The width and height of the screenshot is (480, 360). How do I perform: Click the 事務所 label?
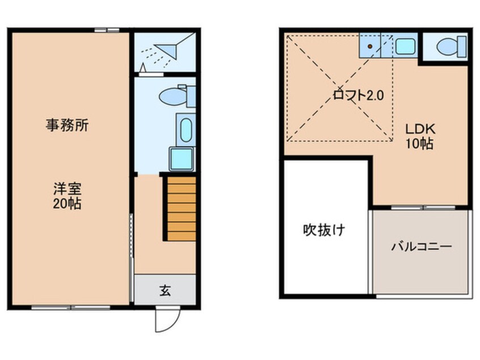pos(67,126)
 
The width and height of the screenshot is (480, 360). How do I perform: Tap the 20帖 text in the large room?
pos(67,203)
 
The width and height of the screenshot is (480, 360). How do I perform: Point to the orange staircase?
pos(181,208)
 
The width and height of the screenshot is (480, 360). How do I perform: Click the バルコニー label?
pos(422,247)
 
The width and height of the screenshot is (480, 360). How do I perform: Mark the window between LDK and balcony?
pos(420,208)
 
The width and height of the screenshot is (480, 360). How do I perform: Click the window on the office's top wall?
pos(107,30)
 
